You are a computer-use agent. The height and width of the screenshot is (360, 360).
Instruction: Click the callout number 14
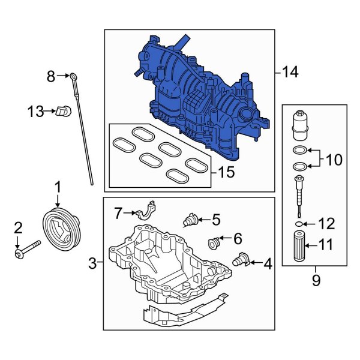(290, 73)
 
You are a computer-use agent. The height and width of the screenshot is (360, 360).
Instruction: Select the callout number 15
(226, 173)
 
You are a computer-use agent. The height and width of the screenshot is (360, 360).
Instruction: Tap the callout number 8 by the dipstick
(51, 76)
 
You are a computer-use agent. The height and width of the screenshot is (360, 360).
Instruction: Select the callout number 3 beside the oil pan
(92, 263)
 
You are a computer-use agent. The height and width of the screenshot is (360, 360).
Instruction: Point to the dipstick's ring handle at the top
(73, 76)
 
